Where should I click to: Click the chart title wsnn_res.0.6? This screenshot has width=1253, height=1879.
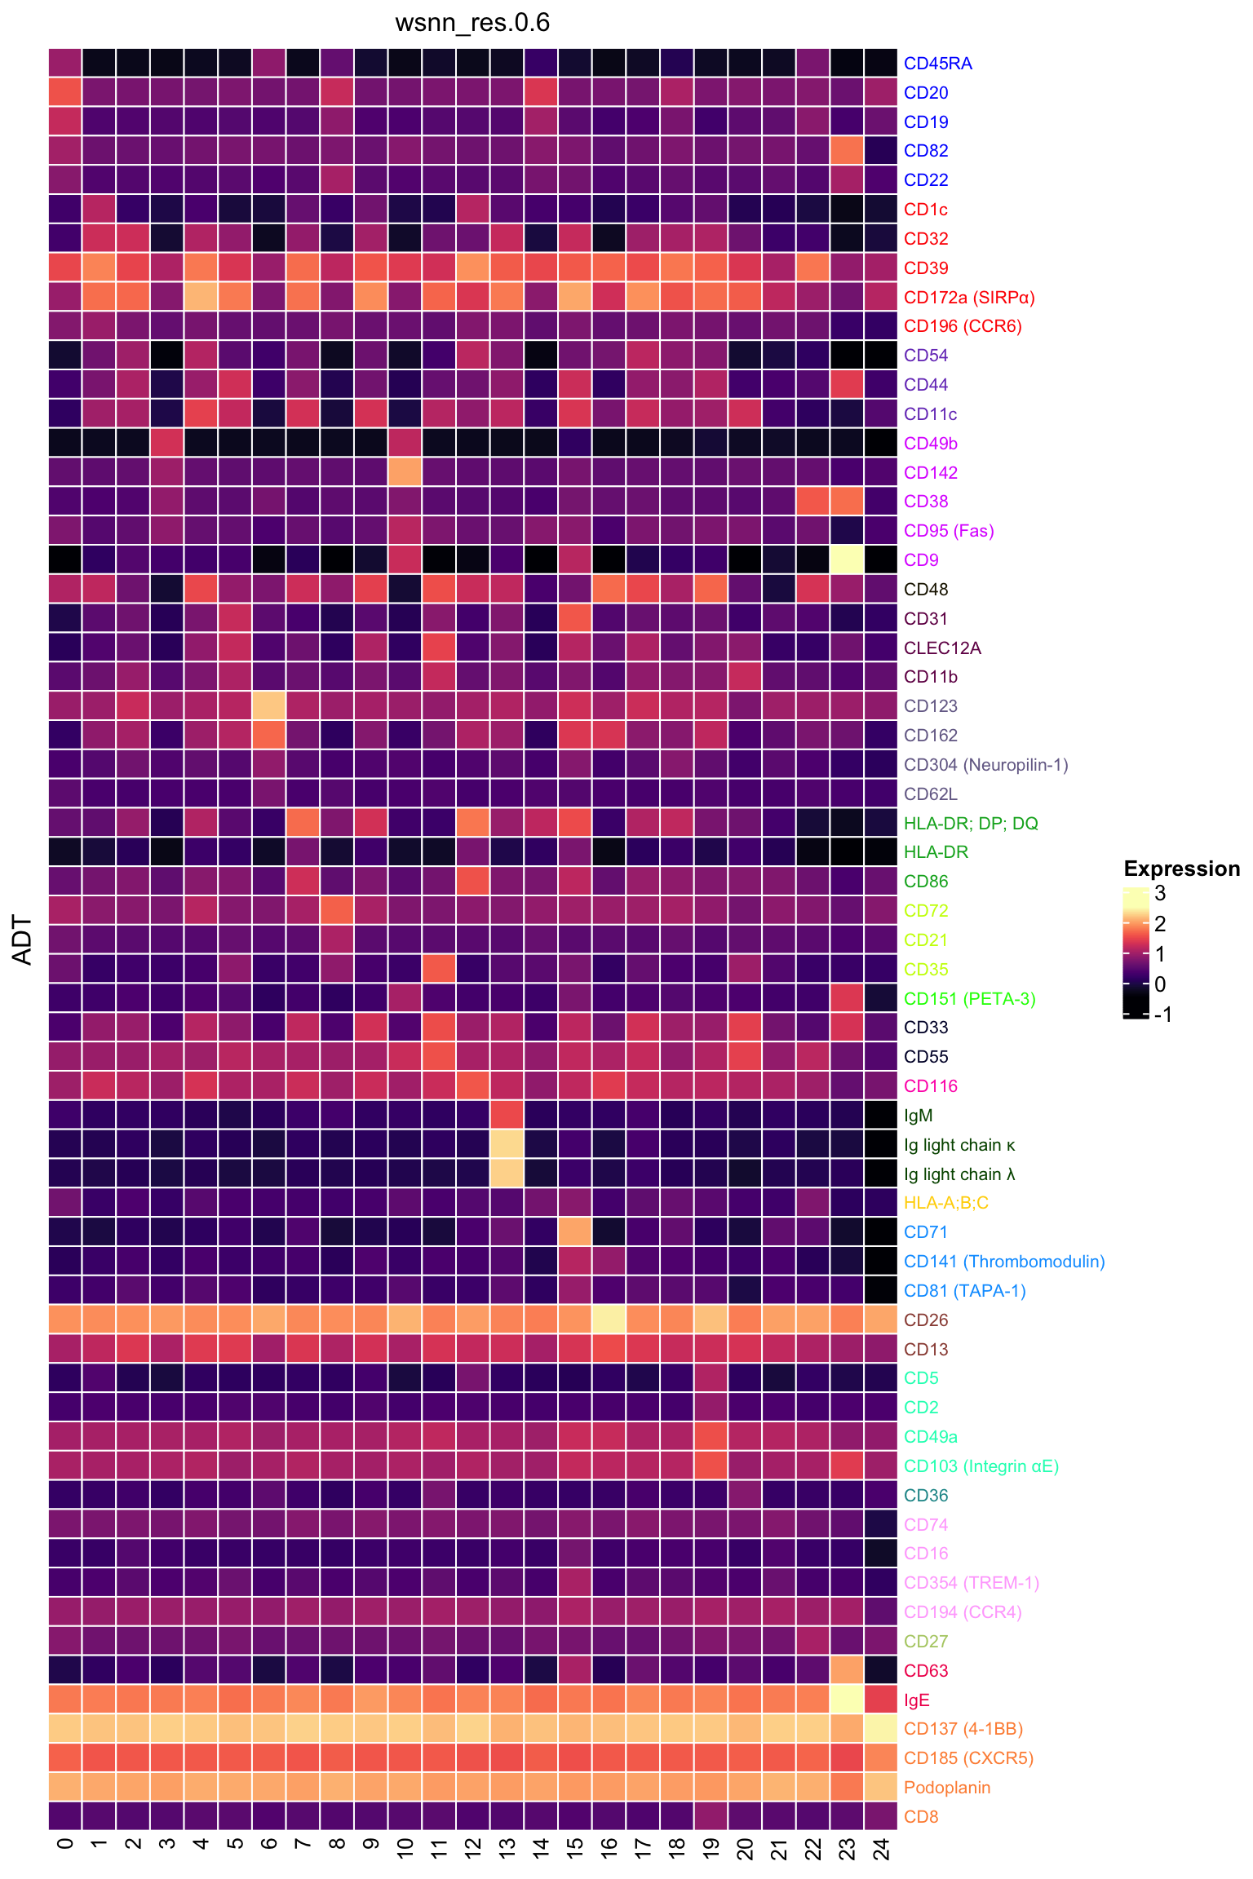click(472, 23)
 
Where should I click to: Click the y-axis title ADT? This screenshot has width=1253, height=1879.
click(23, 940)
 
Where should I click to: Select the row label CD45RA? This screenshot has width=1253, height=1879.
click(937, 64)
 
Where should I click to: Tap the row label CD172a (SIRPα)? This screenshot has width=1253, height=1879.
click(968, 297)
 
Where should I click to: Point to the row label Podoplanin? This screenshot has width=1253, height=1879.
click(946, 1788)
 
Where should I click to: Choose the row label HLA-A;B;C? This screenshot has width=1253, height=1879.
click(945, 1203)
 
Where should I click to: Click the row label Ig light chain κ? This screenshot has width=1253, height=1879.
click(959, 1145)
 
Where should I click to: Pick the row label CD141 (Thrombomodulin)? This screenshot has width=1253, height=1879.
click(1003, 1262)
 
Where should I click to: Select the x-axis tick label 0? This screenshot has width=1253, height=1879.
click(65, 1845)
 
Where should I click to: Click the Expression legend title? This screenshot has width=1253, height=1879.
click(1181, 869)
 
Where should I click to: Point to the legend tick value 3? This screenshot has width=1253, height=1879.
click(1160, 894)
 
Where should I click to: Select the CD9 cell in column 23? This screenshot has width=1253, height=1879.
click(847, 559)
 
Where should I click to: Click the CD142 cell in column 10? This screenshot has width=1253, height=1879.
click(405, 472)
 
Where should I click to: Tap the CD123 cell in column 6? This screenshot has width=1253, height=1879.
click(269, 705)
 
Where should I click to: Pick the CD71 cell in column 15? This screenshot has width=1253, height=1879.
click(575, 1232)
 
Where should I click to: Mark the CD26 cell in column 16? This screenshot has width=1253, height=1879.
click(609, 1320)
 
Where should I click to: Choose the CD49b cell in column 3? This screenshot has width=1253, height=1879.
click(167, 443)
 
